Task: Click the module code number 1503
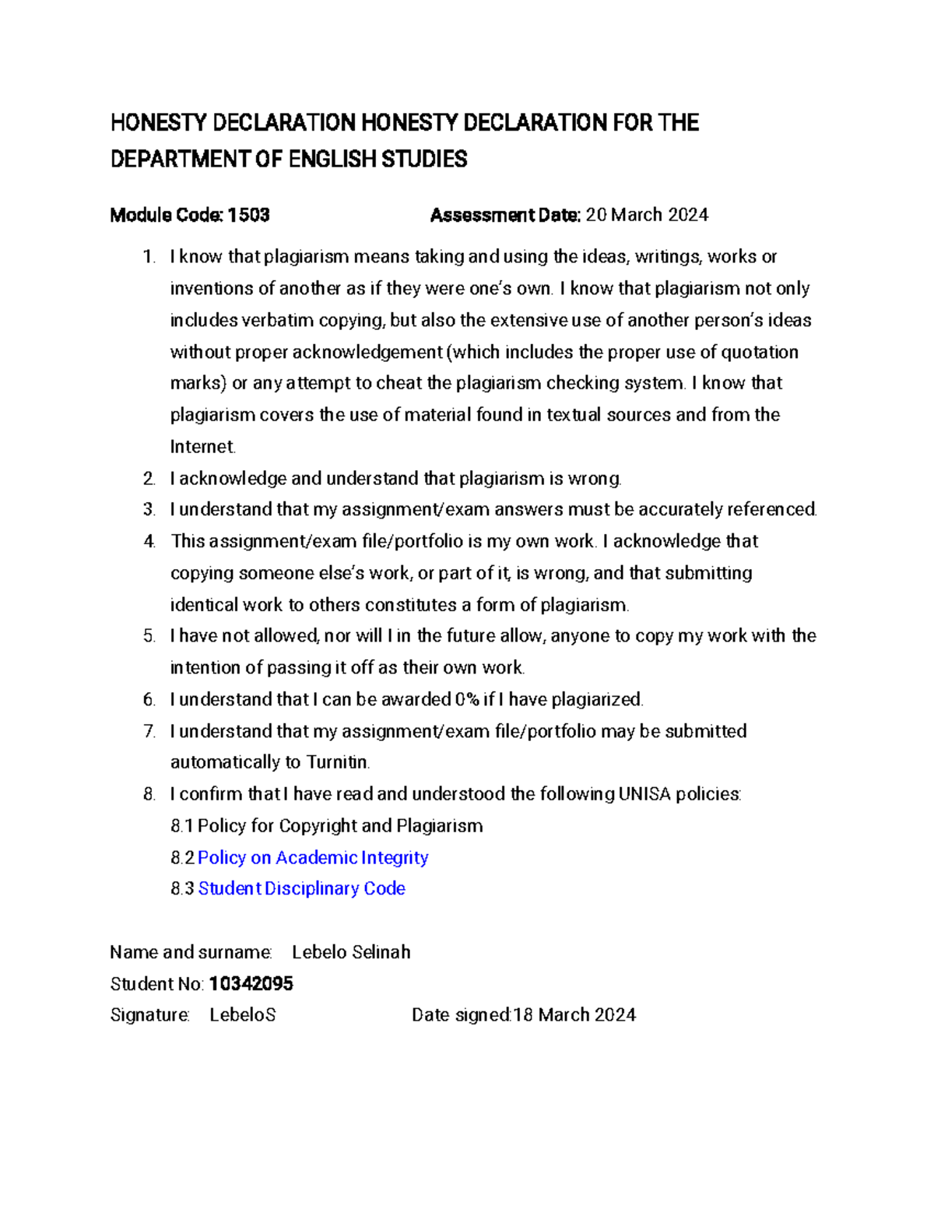[248, 215]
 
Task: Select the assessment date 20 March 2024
[647, 215]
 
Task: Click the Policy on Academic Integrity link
[313, 857]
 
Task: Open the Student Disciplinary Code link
[301, 888]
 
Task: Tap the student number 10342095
[251, 984]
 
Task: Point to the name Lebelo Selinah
[351, 952]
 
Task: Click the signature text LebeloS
[243, 1015]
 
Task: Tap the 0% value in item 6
[466, 699]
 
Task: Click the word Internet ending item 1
[202, 447]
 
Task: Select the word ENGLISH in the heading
[332, 160]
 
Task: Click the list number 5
[149, 636]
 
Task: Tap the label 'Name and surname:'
[191, 952]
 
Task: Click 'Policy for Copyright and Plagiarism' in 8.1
[340, 825]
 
